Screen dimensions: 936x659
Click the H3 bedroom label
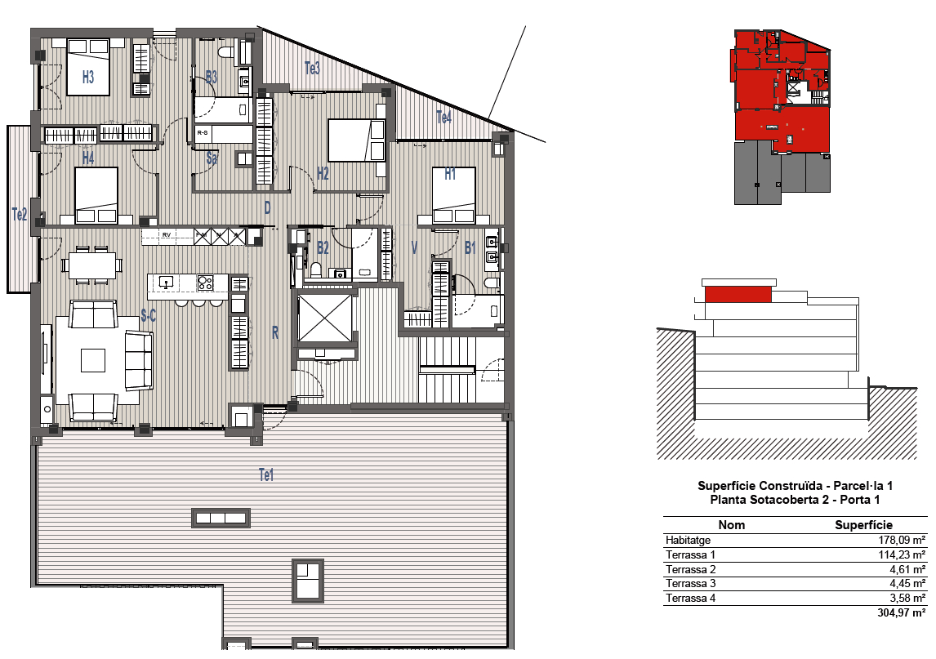coord(87,77)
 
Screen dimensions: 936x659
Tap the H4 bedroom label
coord(87,158)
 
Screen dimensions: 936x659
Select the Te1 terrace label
coord(266,475)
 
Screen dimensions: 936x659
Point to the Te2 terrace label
coord(20,214)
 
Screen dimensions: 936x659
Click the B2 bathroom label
coord(323,247)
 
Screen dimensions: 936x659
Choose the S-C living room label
coord(148,315)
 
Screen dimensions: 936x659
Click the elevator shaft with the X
coord(325,318)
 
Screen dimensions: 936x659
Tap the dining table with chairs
coord(92,265)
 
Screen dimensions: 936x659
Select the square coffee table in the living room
coord(93,361)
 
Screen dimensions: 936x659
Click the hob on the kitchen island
coord(205,283)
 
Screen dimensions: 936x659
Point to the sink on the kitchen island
coord(166,281)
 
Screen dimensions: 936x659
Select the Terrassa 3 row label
coord(691,584)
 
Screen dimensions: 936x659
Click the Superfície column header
coord(864,525)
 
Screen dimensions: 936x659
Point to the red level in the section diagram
coord(738,295)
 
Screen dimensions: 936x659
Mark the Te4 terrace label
coord(443,118)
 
